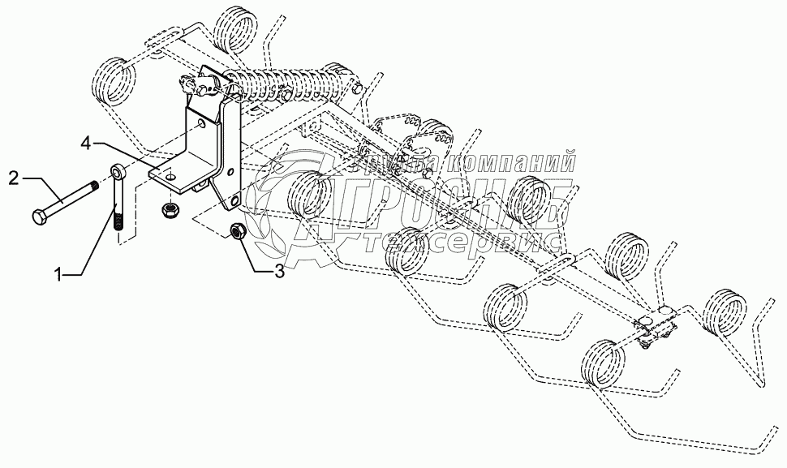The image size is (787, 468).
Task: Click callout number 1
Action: (58, 276)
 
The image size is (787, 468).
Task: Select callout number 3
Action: (279, 272)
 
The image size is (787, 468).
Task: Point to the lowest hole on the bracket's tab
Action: (234, 198)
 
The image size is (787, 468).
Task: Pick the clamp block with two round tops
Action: (659, 321)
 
